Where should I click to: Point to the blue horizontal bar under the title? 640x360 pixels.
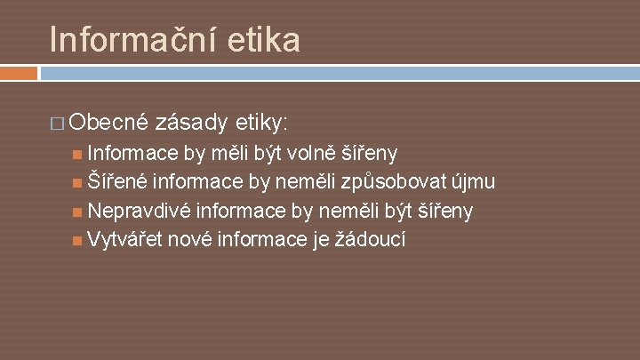[338, 72]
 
